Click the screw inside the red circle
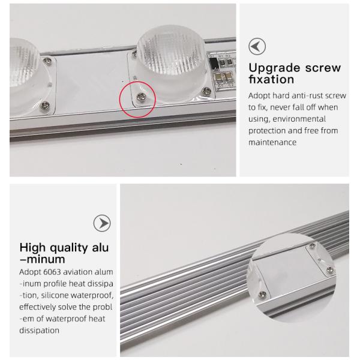[x=140, y=97]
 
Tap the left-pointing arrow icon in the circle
[x=257, y=46]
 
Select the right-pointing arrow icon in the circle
[x=102, y=223]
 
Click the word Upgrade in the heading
[x=274, y=68]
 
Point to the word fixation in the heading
[x=271, y=79]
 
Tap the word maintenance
[x=272, y=142]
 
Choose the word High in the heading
[x=32, y=248]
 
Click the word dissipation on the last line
[x=39, y=331]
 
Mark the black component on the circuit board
[x=214, y=63]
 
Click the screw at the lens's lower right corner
[x=206, y=91]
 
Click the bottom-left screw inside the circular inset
[x=262, y=295]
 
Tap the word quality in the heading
[x=69, y=248]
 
